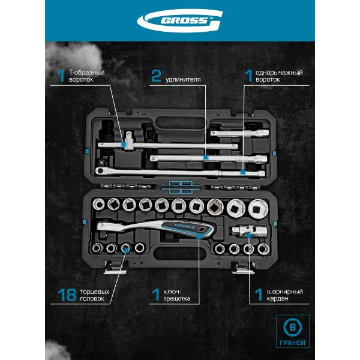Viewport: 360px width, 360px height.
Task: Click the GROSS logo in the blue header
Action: click(x=180, y=20)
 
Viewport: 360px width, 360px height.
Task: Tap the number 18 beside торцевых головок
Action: click(x=67, y=295)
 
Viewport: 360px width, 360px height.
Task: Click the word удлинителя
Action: click(x=183, y=79)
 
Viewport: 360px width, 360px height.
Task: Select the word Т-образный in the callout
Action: click(x=87, y=73)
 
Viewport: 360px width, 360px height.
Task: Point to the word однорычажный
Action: click(x=279, y=73)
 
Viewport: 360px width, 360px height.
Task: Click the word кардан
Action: click(x=277, y=298)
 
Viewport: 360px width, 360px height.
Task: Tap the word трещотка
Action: click(x=176, y=299)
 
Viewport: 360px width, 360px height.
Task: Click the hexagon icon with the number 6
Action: click(x=293, y=328)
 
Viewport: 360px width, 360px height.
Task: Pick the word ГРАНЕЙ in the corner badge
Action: click(x=293, y=343)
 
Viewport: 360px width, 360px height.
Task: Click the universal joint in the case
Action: click(x=250, y=230)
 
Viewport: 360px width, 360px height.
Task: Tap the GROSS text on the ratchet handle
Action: click(x=185, y=226)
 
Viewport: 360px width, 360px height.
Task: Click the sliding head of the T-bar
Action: click(x=129, y=141)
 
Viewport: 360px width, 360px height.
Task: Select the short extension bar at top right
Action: click(x=239, y=133)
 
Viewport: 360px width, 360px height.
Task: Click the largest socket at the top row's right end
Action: click(x=258, y=209)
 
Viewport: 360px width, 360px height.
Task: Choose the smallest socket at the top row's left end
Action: click(x=98, y=204)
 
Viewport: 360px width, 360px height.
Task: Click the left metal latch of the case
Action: click(x=115, y=268)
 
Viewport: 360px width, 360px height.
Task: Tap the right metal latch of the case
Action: click(x=243, y=268)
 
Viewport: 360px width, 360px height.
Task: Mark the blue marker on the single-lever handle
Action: click(x=242, y=172)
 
